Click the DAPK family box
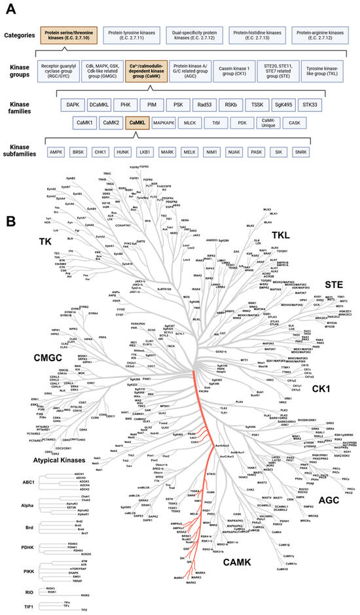(x=73, y=104)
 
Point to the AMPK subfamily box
(x=57, y=152)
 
